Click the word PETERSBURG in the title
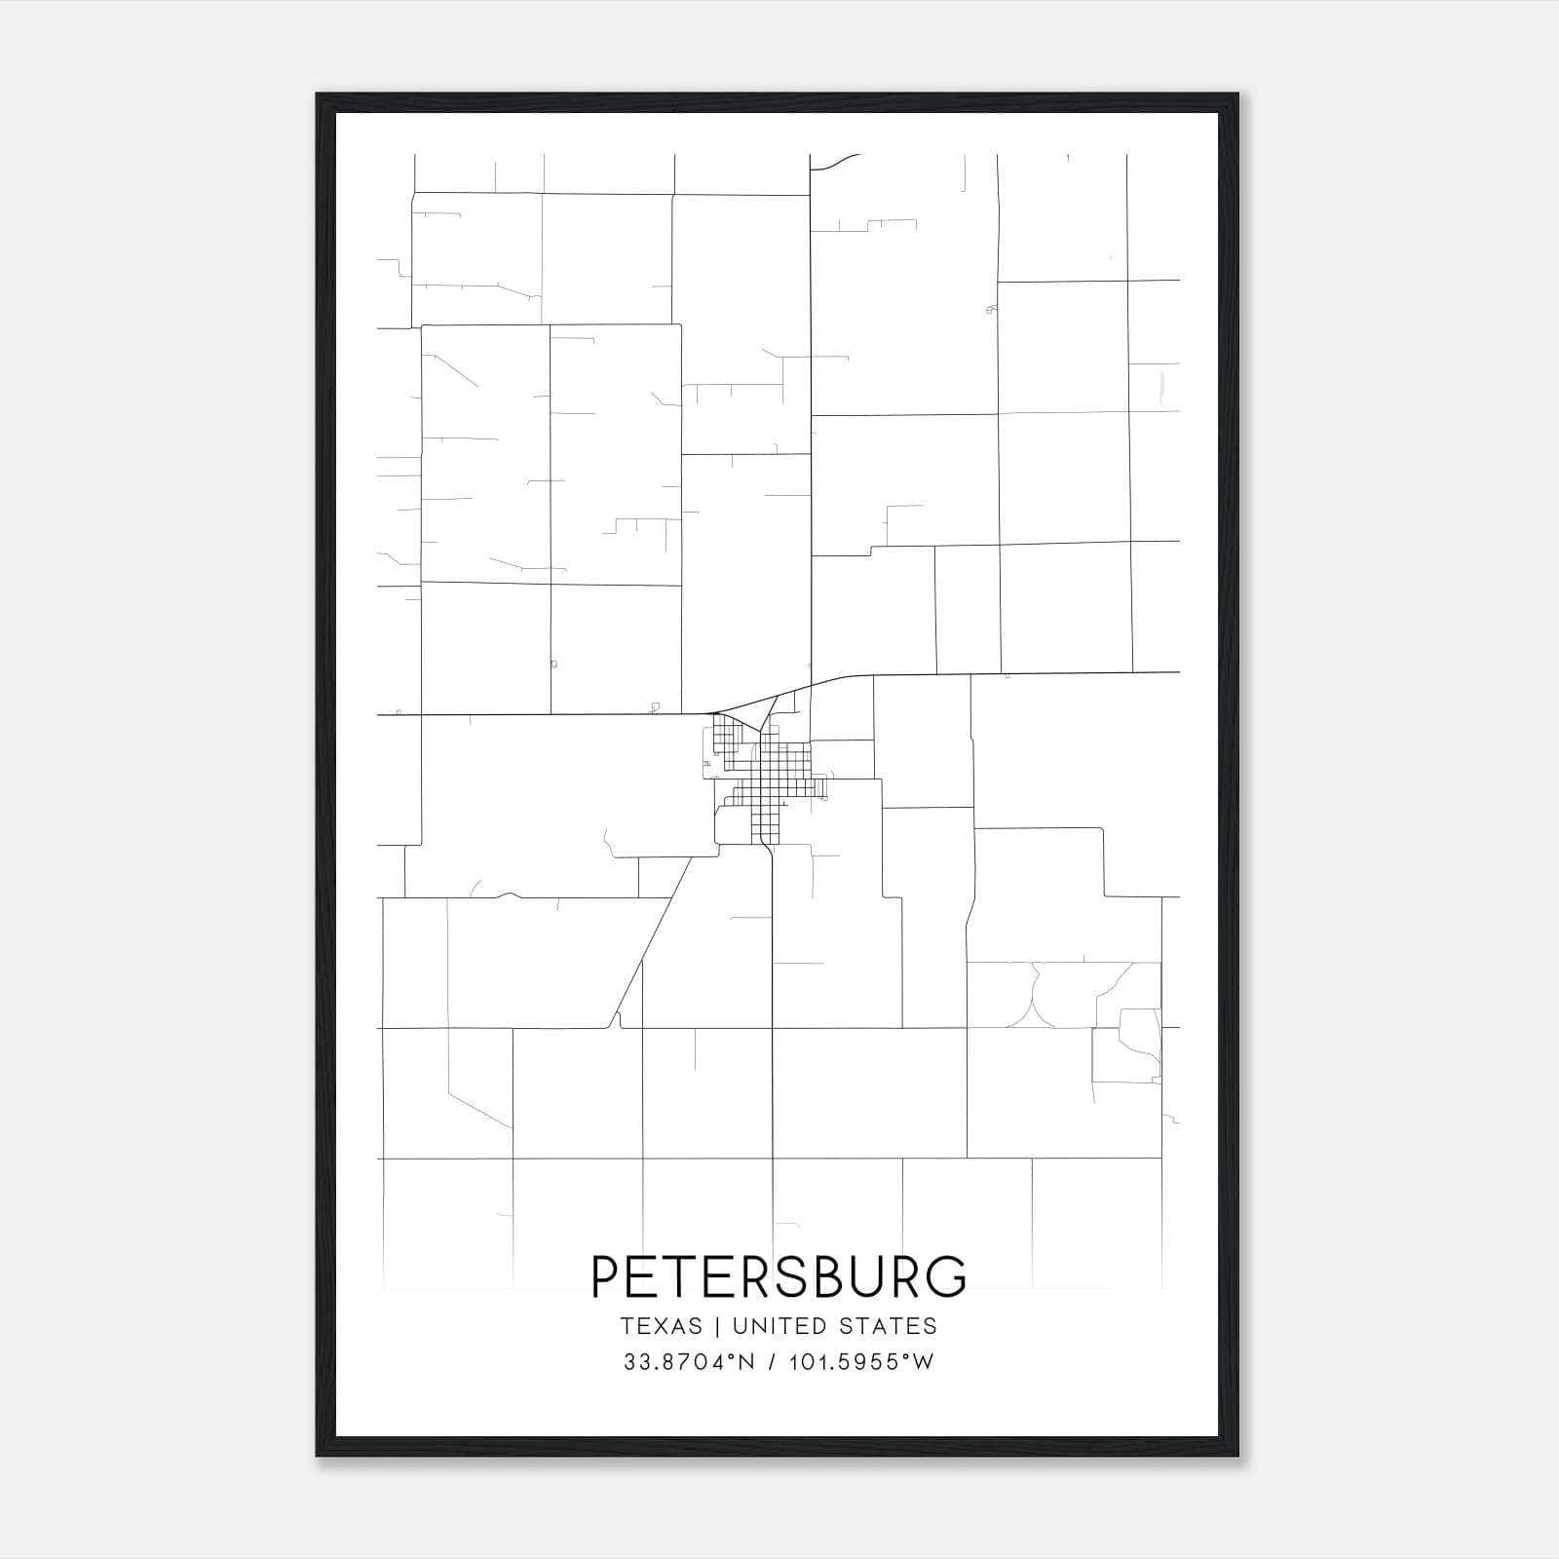point(779,1276)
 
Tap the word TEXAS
point(661,1326)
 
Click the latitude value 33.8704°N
point(689,1362)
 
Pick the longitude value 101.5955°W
point(862,1362)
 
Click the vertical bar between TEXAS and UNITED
point(717,1326)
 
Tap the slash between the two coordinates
point(771,1362)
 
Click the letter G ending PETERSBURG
point(945,1276)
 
